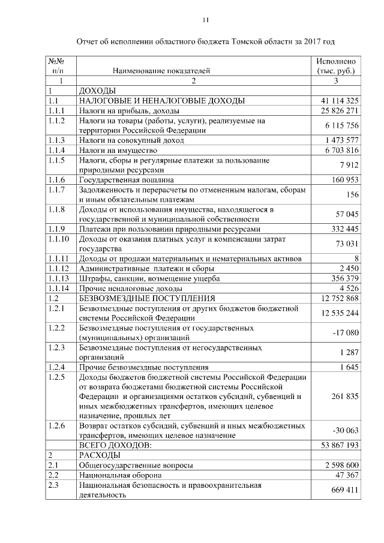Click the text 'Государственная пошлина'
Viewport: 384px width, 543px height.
(x=127, y=179)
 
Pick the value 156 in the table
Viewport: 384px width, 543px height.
(x=352, y=194)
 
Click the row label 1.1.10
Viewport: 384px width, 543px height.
(x=59, y=239)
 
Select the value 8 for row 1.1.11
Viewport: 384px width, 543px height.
(x=356, y=259)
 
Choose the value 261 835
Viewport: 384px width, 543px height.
(x=345, y=396)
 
